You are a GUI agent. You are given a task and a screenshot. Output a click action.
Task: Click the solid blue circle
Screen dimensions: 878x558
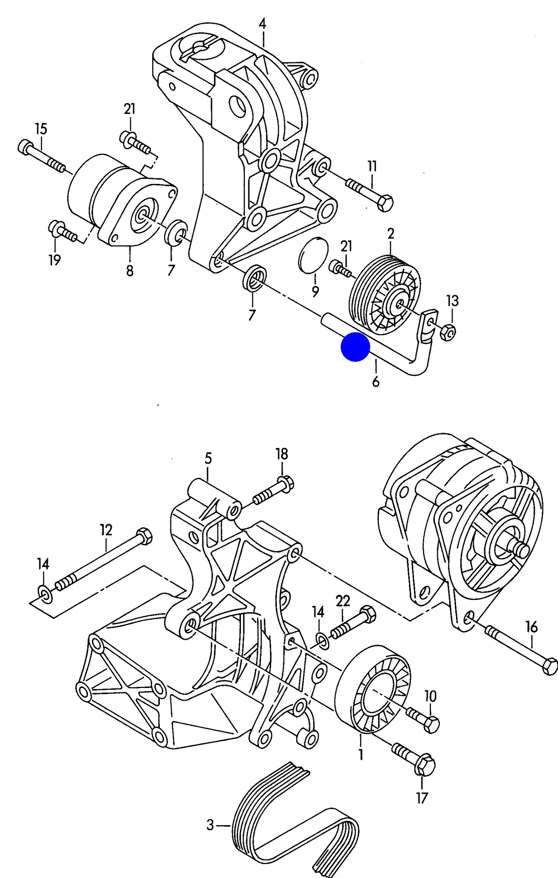[355, 347]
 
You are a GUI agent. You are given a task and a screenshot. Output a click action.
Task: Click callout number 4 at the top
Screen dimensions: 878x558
[262, 24]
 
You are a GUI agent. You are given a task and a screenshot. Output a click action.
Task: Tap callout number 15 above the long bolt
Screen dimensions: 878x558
[41, 129]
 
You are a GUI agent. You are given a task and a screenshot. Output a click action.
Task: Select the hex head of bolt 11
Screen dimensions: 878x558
[385, 203]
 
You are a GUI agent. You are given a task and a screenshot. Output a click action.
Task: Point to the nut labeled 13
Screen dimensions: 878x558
[448, 332]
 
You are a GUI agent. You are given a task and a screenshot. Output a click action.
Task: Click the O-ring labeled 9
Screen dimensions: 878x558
[314, 255]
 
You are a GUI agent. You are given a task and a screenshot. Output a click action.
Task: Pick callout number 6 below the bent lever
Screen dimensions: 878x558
[376, 382]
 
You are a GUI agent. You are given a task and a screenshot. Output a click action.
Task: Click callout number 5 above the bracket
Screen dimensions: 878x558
[208, 459]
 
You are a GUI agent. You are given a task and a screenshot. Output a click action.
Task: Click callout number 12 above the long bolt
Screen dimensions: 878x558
[106, 530]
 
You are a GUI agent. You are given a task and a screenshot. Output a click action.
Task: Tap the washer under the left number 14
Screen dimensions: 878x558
[45, 593]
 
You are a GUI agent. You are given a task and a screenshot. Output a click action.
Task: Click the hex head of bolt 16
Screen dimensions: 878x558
[549, 666]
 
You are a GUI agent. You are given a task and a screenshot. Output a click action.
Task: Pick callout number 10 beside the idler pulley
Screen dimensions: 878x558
[430, 696]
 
